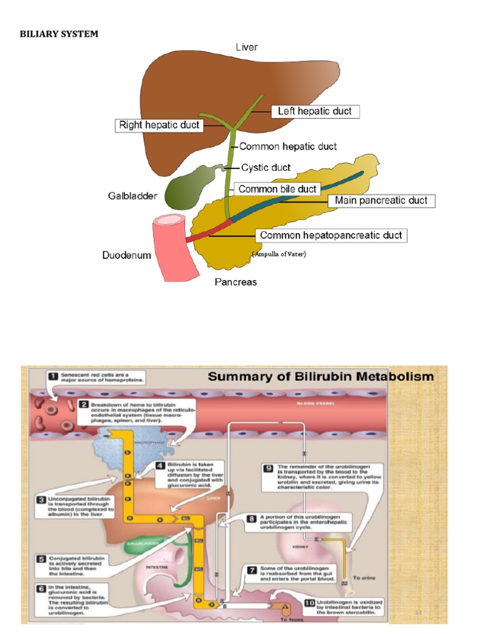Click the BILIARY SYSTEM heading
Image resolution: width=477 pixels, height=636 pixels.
click(x=59, y=34)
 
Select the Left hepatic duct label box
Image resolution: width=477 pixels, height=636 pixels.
click(x=315, y=111)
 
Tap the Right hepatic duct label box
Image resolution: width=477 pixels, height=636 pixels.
click(x=160, y=125)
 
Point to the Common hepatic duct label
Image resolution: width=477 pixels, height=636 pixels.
click(x=288, y=147)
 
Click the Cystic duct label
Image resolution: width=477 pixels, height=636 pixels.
click(x=265, y=168)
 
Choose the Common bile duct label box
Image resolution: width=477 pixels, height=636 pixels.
click(x=278, y=189)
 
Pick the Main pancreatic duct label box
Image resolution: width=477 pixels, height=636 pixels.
click(x=381, y=201)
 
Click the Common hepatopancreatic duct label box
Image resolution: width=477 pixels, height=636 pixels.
click(x=330, y=235)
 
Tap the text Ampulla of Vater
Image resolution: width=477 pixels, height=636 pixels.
click(x=279, y=254)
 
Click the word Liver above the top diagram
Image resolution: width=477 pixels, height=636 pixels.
click(x=247, y=47)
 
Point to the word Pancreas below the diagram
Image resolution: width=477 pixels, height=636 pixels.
click(x=235, y=282)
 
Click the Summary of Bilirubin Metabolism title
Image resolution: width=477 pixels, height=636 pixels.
click(x=320, y=376)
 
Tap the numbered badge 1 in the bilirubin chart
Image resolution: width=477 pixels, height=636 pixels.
click(x=53, y=376)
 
